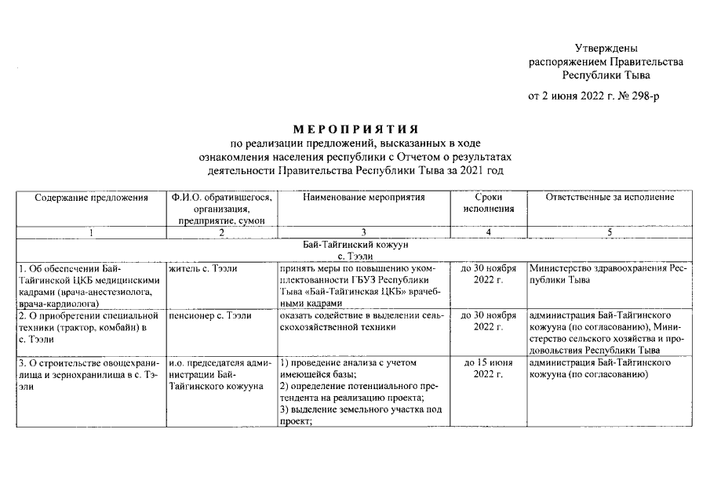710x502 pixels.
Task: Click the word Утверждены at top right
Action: tap(605, 49)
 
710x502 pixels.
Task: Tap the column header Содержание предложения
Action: tap(91, 198)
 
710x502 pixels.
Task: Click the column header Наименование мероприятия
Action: tap(363, 198)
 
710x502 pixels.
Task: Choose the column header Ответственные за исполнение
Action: tap(610, 198)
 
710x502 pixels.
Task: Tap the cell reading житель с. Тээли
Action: tap(203, 269)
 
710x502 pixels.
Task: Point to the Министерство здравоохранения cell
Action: tap(610, 275)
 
